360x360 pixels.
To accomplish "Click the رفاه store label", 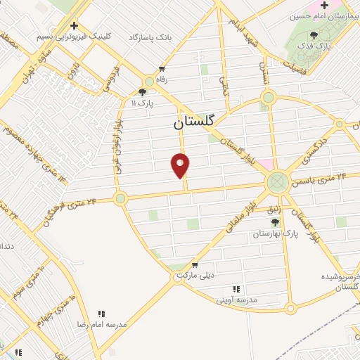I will (162, 80).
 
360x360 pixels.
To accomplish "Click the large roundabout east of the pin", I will (277, 184).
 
